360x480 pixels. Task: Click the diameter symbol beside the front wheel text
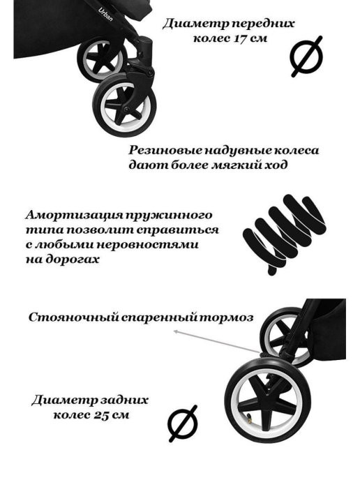306,57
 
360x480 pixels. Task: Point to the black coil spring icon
284,234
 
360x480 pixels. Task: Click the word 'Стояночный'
73,317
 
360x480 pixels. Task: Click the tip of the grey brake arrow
174,331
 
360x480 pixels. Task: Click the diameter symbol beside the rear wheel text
183,423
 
